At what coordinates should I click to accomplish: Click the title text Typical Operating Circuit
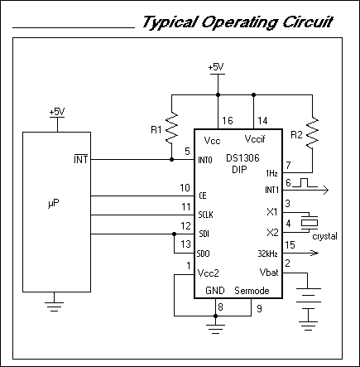coord(238,21)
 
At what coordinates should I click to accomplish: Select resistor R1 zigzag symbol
coord(172,129)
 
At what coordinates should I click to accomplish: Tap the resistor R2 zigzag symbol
coord(313,129)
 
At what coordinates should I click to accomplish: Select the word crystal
coord(325,236)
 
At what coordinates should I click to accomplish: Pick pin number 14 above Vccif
coord(263,121)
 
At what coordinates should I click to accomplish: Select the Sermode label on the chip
coord(253,292)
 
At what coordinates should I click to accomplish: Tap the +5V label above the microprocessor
coord(56,111)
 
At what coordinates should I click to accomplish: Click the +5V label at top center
coord(216,66)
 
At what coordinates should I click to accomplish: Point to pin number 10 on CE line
coord(185,187)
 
